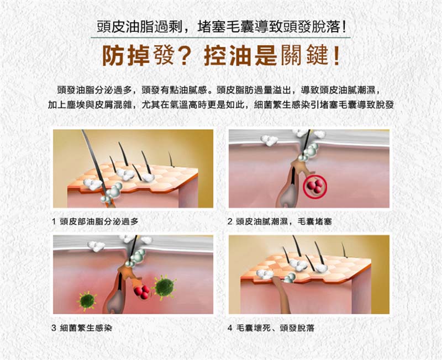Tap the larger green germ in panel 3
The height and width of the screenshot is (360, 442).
coord(165,287)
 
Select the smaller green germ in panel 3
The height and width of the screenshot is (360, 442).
coord(87,300)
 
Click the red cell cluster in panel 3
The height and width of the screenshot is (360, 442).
coord(142,292)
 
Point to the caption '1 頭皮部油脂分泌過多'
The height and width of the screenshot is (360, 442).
coord(95,222)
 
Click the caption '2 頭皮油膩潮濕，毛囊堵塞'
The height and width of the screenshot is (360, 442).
coord(280,222)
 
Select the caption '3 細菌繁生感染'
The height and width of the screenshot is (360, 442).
coord(82,328)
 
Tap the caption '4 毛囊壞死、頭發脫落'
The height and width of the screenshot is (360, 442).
coord(271,328)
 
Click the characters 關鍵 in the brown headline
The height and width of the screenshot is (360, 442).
coord(304,55)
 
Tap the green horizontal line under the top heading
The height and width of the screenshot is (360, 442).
coord(220,38)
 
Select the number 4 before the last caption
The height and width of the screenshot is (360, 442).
coord(230,328)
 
